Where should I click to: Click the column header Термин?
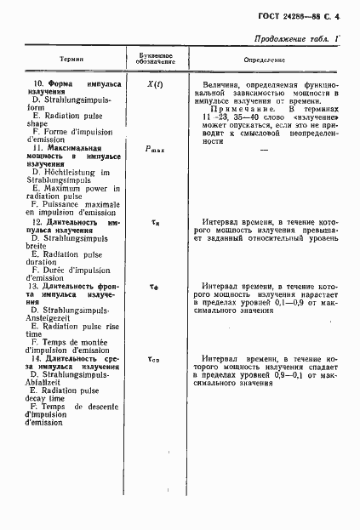[71, 59]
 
